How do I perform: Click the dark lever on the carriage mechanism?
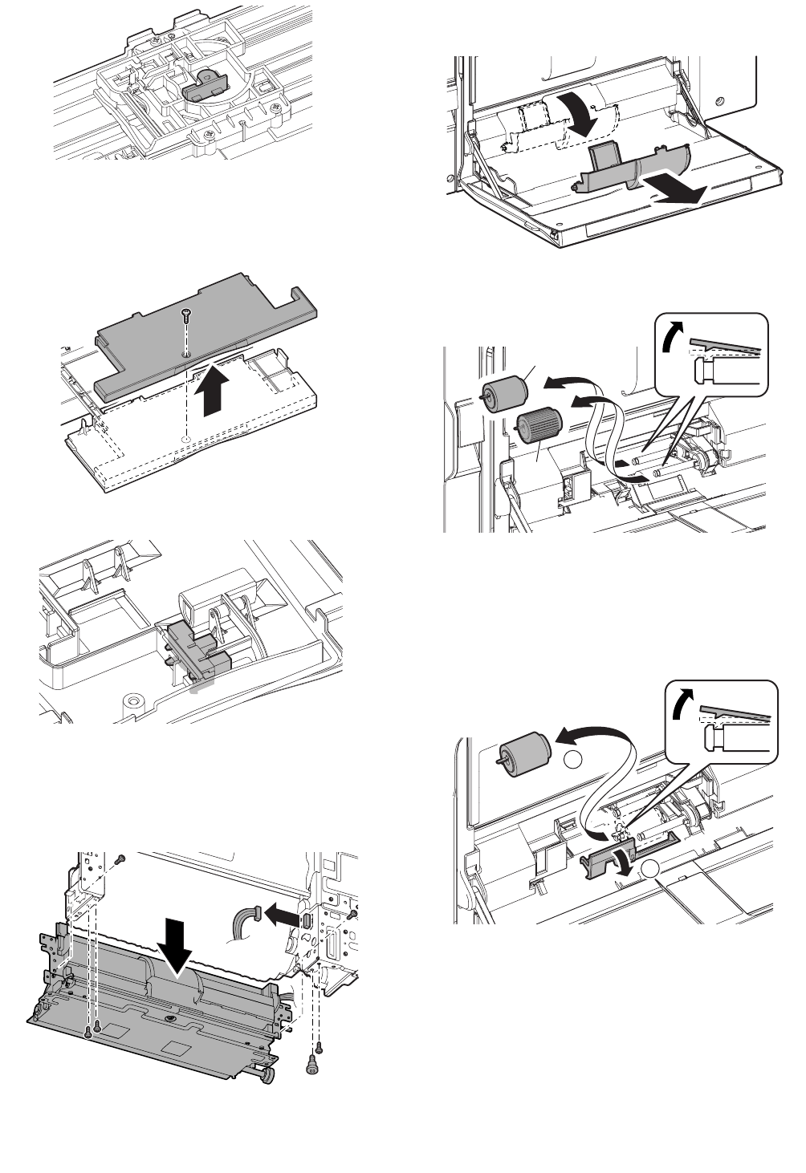click(x=205, y=87)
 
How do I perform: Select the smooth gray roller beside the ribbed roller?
click(x=503, y=389)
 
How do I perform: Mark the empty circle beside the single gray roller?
click(x=571, y=761)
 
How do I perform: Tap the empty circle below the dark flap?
click(x=652, y=868)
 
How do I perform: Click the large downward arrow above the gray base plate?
click(x=175, y=936)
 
